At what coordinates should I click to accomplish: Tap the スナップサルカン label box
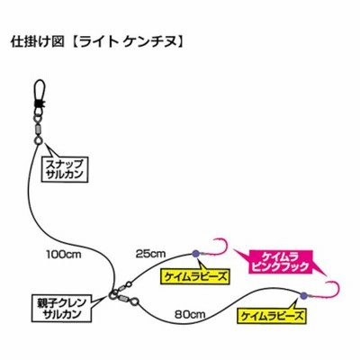tap(66, 169)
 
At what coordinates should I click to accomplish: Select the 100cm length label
tap(64, 255)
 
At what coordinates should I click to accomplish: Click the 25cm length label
tap(150, 254)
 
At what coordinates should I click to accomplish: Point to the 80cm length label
tap(190, 314)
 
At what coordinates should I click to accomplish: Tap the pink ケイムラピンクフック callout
tap(280, 262)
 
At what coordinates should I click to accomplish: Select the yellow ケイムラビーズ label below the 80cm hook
tap(271, 316)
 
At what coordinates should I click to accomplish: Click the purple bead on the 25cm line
tap(195, 254)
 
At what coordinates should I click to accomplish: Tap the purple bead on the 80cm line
tap(302, 296)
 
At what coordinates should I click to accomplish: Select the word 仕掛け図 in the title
tap(38, 42)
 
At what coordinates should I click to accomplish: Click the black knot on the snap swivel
tap(40, 103)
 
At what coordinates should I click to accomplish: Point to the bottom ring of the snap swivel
tap(39, 140)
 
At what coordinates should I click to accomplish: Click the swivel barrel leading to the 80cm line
tap(123, 299)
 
